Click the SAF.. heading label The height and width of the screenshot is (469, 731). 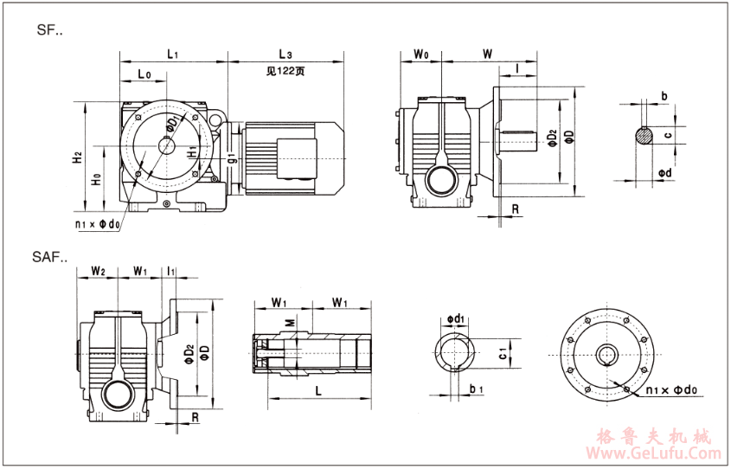point(51,257)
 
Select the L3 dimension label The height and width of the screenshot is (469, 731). point(285,54)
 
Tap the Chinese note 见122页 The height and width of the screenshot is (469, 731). point(285,73)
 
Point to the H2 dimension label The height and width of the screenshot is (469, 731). point(77,158)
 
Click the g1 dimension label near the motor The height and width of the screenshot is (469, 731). point(232,157)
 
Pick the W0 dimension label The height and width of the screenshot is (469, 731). point(421,54)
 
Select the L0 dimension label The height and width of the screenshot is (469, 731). point(144,75)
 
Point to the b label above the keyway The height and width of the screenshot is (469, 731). point(664,95)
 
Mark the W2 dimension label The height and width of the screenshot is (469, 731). point(98,272)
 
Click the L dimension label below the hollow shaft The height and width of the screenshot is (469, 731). point(318,391)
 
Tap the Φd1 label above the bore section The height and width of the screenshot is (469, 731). point(458,318)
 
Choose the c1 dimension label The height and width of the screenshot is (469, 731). point(503,352)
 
